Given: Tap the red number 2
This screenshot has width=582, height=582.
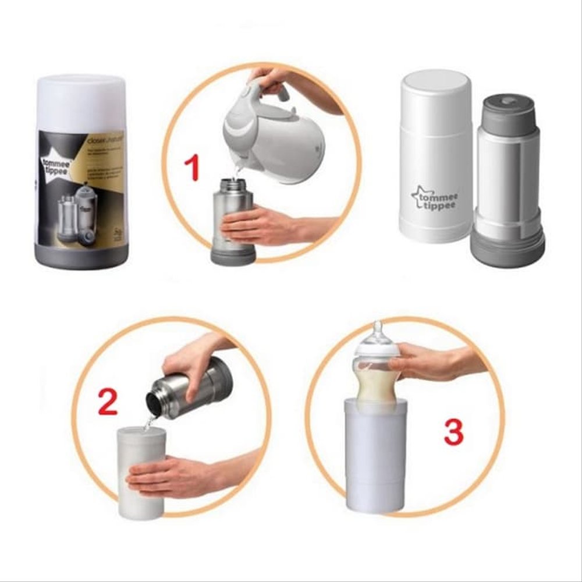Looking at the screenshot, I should pos(108,402).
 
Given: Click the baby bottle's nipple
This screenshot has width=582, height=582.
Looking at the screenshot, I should pos(378,332).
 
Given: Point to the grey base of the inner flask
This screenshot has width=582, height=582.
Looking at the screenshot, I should pos(509,244).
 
